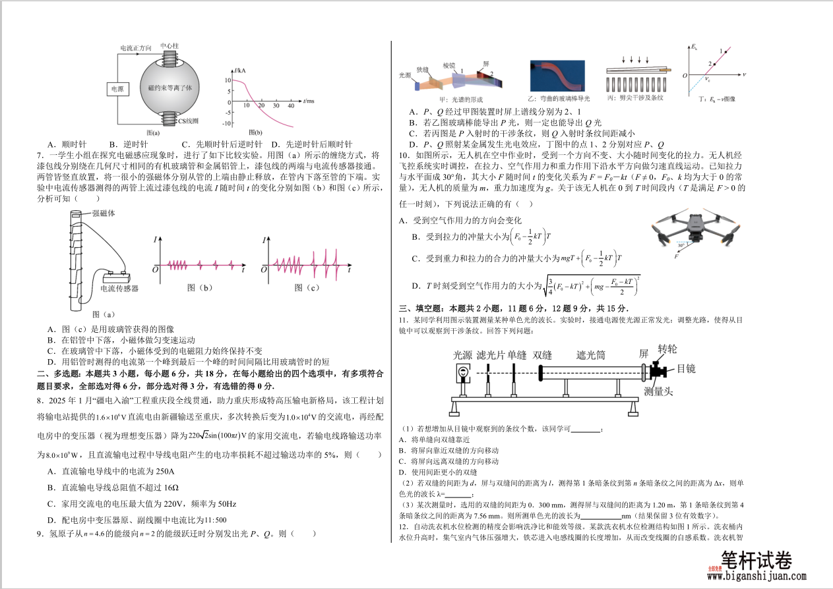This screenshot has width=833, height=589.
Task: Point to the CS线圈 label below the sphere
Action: (x=188, y=122)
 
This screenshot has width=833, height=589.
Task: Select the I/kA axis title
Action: (x=241, y=70)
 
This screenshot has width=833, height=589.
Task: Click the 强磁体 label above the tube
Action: (x=104, y=213)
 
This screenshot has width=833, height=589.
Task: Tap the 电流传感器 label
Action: (x=119, y=288)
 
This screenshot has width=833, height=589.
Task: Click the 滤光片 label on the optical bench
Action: (x=491, y=355)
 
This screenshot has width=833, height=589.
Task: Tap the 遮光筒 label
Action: (x=591, y=355)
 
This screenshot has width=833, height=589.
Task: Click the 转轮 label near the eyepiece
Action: (x=667, y=349)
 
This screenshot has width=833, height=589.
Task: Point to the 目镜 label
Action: (x=686, y=369)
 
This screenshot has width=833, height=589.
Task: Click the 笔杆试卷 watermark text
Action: (x=756, y=560)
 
